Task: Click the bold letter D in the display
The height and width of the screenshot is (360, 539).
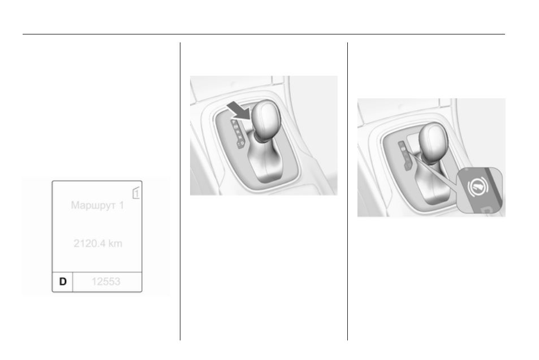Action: (63, 281)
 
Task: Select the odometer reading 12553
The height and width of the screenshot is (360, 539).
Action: (106, 281)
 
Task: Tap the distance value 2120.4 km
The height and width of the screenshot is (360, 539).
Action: (98, 244)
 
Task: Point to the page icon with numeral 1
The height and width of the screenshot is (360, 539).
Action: (136, 193)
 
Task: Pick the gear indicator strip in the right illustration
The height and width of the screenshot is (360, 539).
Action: (404, 155)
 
